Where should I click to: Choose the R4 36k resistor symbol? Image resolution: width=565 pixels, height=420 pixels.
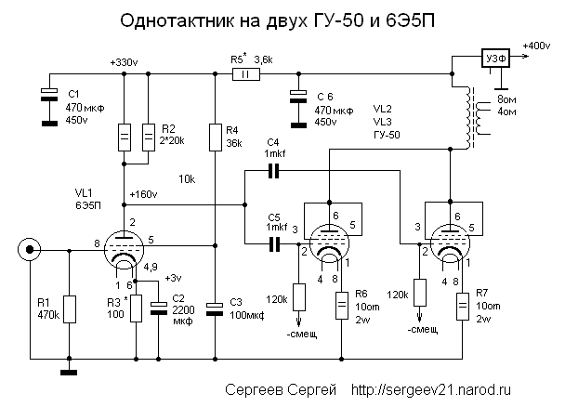pyautogui.click(x=215, y=138)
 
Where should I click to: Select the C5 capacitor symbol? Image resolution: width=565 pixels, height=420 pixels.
pyautogui.click(x=272, y=244)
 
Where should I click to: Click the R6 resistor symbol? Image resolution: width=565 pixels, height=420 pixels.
pyautogui.click(x=342, y=302)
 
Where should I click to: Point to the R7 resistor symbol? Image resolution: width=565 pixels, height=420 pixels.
pyautogui.click(x=462, y=304)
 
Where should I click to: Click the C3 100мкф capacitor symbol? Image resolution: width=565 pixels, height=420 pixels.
pyautogui.click(x=215, y=308)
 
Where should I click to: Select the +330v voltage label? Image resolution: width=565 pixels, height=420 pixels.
pyautogui.click(x=123, y=62)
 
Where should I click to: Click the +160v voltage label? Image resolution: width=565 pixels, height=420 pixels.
pyautogui.click(x=144, y=194)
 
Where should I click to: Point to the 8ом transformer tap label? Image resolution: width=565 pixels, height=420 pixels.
pyautogui.click(x=508, y=98)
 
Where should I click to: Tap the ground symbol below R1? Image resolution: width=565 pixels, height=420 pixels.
pyautogui.click(x=69, y=374)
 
